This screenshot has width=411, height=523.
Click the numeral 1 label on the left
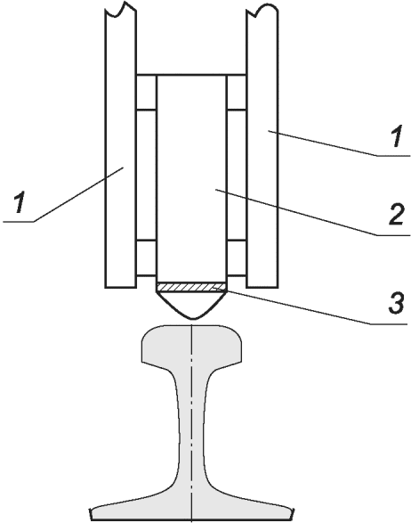(20, 202)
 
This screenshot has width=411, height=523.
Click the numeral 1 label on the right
(397, 135)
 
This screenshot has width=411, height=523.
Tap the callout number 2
(397, 214)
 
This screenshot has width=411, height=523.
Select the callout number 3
(397, 302)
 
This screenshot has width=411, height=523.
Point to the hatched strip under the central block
(191, 287)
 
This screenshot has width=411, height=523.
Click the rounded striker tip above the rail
(192, 305)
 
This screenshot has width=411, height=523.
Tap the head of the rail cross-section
(192, 345)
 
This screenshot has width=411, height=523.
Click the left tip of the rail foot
(92, 511)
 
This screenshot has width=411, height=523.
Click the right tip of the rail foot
(293, 511)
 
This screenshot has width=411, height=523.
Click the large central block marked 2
(191, 178)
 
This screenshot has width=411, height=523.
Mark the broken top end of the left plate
(121, 10)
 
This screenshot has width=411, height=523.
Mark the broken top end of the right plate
(262, 11)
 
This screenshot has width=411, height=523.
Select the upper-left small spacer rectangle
(146, 92)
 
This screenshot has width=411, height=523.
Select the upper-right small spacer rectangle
(237, 92)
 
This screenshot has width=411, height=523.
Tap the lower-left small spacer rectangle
(146, 257)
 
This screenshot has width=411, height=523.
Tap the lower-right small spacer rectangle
(237, 257)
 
